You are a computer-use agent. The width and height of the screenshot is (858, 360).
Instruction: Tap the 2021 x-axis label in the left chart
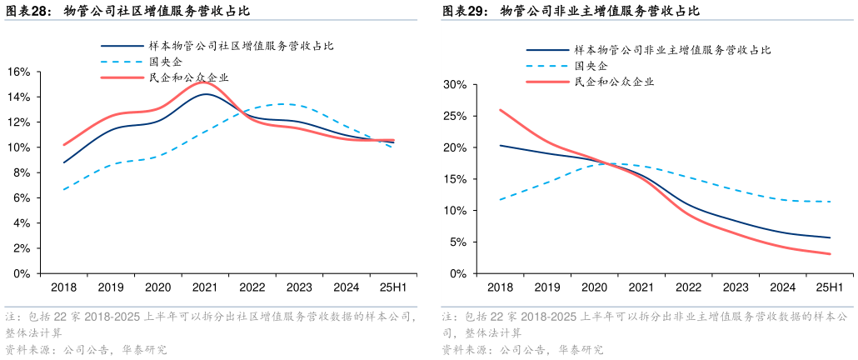205,287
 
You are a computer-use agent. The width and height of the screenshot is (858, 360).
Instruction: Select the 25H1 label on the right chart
831,287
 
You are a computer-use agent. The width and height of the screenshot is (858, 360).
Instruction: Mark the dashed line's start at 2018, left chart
64,189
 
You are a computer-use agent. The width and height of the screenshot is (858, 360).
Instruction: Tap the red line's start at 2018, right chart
500,110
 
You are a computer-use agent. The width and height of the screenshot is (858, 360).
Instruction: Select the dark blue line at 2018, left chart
64,162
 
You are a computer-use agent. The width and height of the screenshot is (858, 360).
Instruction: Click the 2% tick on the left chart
21,248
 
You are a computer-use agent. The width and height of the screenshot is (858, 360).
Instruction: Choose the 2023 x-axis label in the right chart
736,287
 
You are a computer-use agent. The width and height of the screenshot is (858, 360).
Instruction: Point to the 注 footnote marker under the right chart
448,317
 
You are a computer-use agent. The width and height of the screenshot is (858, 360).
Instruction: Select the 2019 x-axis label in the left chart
111,287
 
